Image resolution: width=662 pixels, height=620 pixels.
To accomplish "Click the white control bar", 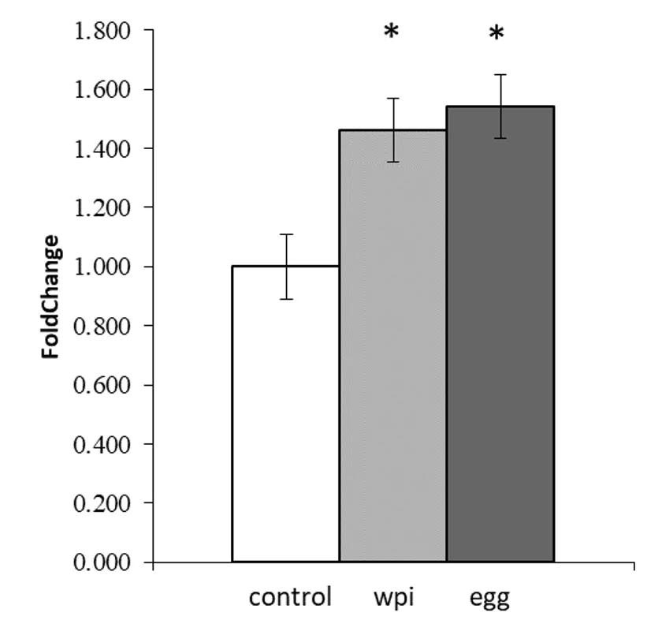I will [285, 414].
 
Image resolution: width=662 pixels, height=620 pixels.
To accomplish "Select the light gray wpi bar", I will [392, 347].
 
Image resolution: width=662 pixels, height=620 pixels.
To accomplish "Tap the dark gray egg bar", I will [500, 335].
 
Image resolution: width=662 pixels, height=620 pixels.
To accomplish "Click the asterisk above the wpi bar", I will [392, 33].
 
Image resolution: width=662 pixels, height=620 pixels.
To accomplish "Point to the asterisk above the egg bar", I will [496, 35].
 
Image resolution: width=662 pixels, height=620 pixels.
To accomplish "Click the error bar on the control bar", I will [285, 267].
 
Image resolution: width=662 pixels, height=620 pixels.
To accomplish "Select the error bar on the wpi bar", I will [392, 130].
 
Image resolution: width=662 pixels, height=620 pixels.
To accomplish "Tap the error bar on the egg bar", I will [500, 106].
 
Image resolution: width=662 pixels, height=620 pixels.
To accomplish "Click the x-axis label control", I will [290, 597].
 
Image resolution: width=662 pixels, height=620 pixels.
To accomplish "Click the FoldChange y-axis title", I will [50, 296].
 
